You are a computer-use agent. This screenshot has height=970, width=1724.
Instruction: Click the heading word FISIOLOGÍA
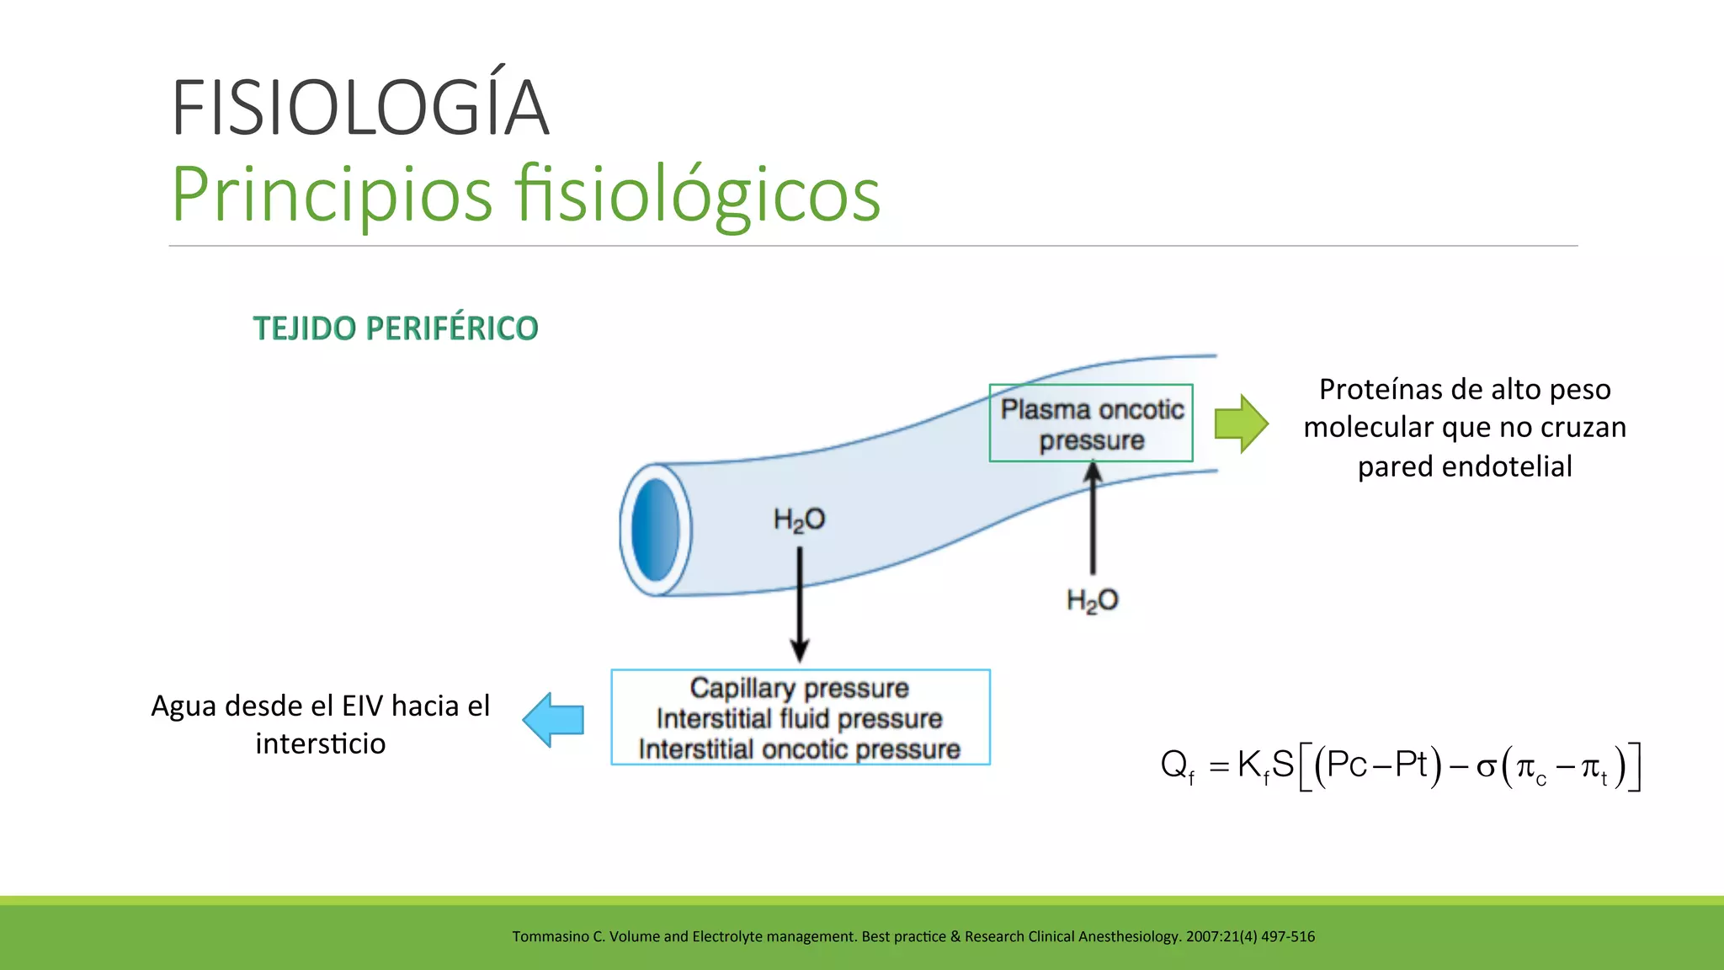(x=360, y=108)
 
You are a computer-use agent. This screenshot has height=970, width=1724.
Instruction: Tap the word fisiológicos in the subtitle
(x=698, y=195)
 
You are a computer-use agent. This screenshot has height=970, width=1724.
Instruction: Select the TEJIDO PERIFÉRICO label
(x=396, y=328)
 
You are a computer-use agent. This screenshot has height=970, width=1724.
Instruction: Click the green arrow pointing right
(x=1241, y=424)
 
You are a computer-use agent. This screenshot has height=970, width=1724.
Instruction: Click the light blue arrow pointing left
(x=553, y=720)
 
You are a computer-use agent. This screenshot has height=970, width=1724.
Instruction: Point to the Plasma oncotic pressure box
(x=1091, y=424)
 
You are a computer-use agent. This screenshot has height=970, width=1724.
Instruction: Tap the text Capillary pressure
(x=800, y=688)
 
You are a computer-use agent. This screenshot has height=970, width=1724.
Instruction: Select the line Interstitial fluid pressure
(x=800, y=718)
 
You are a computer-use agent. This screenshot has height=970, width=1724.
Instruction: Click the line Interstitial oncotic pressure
(x=800, y=749)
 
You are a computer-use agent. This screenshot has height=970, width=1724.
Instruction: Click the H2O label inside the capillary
(x=799, y=520)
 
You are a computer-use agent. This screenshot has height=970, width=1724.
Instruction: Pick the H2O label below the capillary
(x=1092, y=600)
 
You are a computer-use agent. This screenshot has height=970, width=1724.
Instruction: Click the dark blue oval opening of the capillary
(x=656, y=530)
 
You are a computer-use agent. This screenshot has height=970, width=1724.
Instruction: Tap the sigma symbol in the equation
(x=1487, y=766)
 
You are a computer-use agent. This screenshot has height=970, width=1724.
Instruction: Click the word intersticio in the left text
(x=321, y=743)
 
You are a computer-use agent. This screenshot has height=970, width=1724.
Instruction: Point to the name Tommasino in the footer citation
(x=552, y=936)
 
